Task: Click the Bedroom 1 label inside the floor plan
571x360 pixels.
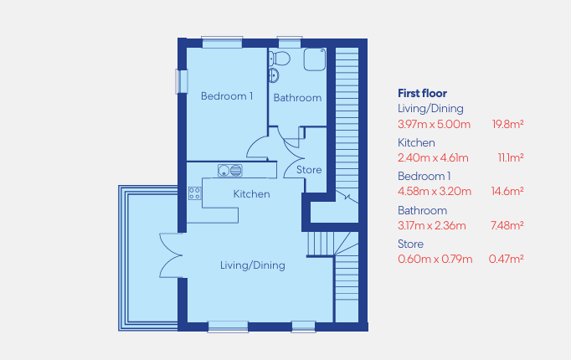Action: click(227, 96)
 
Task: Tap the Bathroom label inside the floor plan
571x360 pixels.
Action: click(297, 98)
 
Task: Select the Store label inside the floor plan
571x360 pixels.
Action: click(309, 170)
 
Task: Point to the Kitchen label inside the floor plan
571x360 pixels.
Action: click(252, 194)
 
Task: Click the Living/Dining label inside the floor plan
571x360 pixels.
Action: click(252, 265)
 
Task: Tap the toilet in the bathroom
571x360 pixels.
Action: click(280, 59)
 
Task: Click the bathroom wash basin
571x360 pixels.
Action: click(274, 75)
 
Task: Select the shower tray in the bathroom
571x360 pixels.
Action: click(315, 59)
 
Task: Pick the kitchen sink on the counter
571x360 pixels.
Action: click(229, 170)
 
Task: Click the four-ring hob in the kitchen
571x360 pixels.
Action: click(194, 193)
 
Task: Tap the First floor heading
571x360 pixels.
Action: click(422, 94)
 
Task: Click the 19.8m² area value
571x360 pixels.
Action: click(507, 125)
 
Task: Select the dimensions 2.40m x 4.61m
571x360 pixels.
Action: click(433, 158)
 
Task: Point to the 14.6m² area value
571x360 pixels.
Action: click(507, 192)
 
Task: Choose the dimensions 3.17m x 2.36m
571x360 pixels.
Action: click(431, 226)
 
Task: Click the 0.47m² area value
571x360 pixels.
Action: click(507, 260)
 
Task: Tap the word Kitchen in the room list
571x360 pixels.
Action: click(416, 142)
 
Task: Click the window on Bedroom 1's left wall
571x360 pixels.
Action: click(182, 81)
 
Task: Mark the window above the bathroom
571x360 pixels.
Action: click(290, 42)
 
